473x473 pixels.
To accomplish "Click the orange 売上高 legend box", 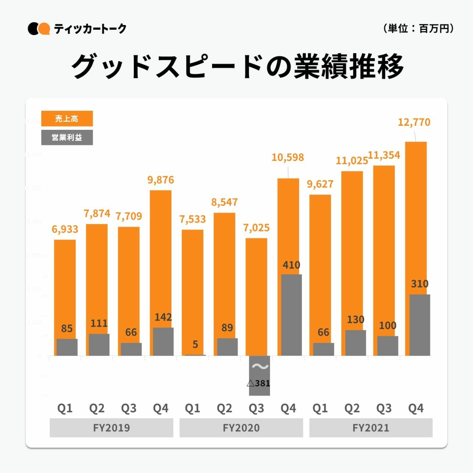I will click(67, 118).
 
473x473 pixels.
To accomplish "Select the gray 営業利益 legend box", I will click(67, 138).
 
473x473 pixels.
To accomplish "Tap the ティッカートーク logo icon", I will click(39, 29).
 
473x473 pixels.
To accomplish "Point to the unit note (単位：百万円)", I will click(419, 28).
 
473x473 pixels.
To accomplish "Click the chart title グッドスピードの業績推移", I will click(237, 67).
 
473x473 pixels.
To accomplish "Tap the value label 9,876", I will click(161, 180).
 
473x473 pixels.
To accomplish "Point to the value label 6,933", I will click(65, 229).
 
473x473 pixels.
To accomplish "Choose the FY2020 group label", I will click(241, 428).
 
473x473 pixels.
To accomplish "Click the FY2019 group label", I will click(111, 428).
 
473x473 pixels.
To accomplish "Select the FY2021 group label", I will click(371, 428).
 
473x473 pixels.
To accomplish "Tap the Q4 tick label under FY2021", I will click(416, 408).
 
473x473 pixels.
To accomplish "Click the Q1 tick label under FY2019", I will click(65, 408).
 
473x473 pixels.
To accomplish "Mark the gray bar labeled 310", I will click(420, 325).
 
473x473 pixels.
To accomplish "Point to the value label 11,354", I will click(384, 155).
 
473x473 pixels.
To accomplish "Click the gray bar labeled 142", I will click(163, 342).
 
